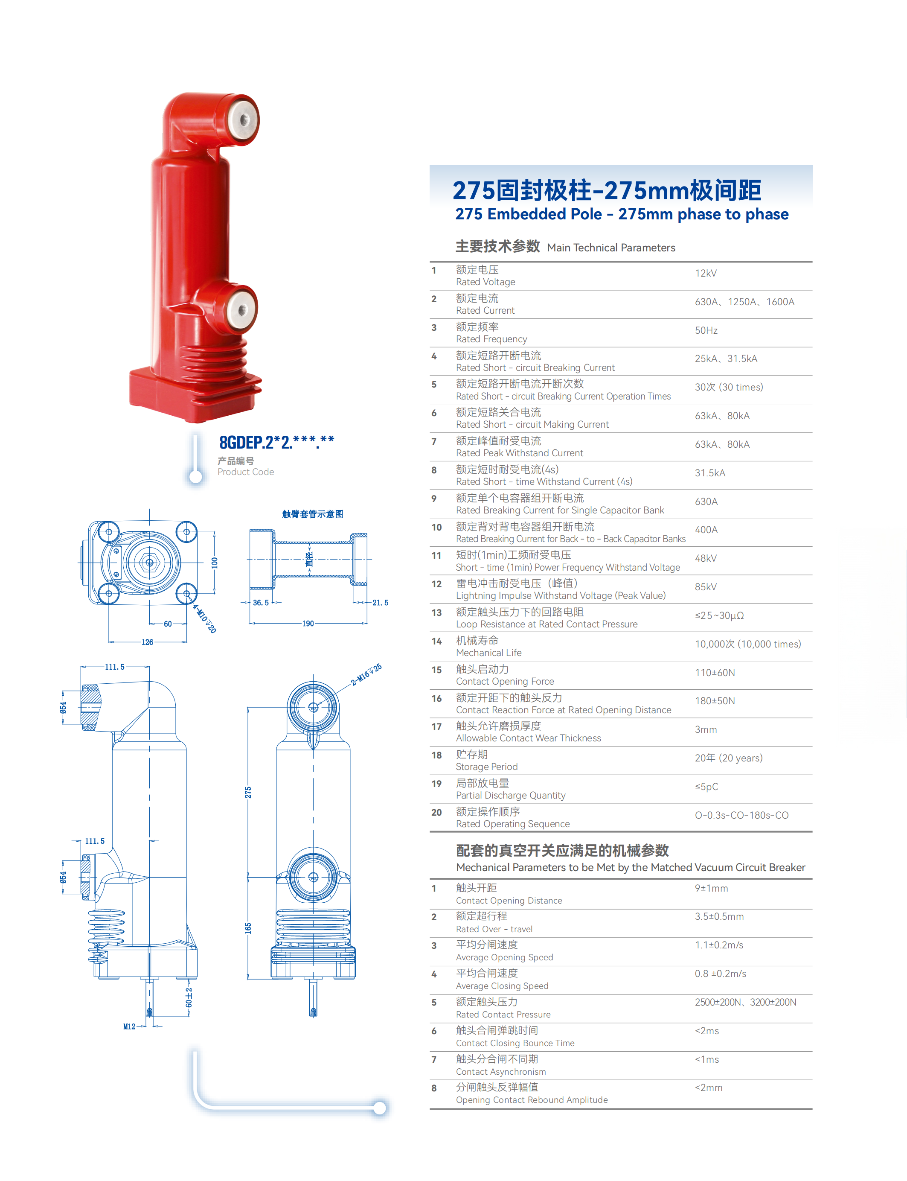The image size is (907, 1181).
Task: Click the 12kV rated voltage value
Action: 706,273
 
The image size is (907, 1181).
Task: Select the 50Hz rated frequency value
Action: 706,330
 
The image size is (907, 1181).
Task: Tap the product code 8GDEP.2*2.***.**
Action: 276,442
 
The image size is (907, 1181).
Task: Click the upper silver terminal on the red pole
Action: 242,120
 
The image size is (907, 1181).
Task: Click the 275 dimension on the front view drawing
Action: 248,792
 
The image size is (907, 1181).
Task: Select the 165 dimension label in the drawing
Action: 248,928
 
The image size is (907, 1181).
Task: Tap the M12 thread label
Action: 130,1026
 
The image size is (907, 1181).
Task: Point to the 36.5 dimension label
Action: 261,603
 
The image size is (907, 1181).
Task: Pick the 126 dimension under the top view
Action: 147,642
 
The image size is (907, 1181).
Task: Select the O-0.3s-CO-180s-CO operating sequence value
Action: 741,815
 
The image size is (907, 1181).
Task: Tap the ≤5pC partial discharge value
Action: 706,786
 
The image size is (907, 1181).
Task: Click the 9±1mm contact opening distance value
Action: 711,888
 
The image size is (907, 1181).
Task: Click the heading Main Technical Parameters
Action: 611,247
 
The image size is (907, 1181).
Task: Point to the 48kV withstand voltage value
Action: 706,558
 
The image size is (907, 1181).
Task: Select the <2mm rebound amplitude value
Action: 708,1088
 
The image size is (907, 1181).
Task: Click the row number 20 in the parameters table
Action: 436,812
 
